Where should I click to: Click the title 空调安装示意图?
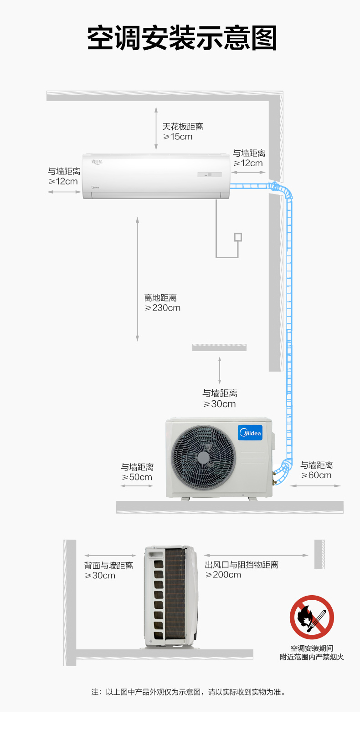pos(182,38)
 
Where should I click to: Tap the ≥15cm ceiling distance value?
pos(178,137)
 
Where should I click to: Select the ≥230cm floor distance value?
pos(163,308)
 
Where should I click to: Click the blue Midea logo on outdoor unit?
pos(250,433)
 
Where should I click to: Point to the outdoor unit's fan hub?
pos(203,457)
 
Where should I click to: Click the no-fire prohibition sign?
pos(312,617)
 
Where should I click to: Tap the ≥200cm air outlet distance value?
pos(223,575)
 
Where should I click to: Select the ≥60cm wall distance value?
pos(316,475)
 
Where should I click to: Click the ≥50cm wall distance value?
pos(137,477)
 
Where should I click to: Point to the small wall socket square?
pos(238,237)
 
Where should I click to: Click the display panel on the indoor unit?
pos(209,174)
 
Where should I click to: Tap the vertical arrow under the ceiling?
pos(156,128)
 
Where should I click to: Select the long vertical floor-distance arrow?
pos(137,279)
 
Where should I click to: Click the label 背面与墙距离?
pos(109,565)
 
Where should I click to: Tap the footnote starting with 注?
pos(188,692)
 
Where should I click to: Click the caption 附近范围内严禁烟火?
pos(312,657)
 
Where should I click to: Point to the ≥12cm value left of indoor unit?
pos(63,181)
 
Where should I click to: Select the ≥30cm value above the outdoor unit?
pos(219,404)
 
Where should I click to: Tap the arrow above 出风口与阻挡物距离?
pos(256,555)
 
